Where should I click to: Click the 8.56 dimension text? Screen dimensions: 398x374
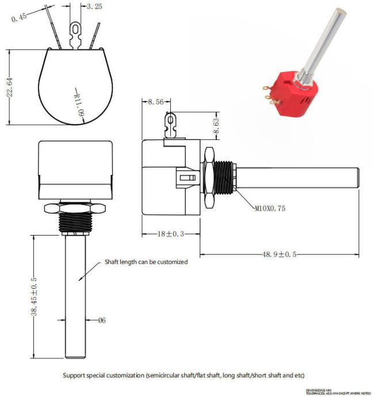(155, 101)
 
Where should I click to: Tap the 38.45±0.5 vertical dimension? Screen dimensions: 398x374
(34, 296)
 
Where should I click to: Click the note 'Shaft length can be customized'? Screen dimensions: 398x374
(146, 262)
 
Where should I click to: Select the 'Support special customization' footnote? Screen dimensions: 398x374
(184, 375)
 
